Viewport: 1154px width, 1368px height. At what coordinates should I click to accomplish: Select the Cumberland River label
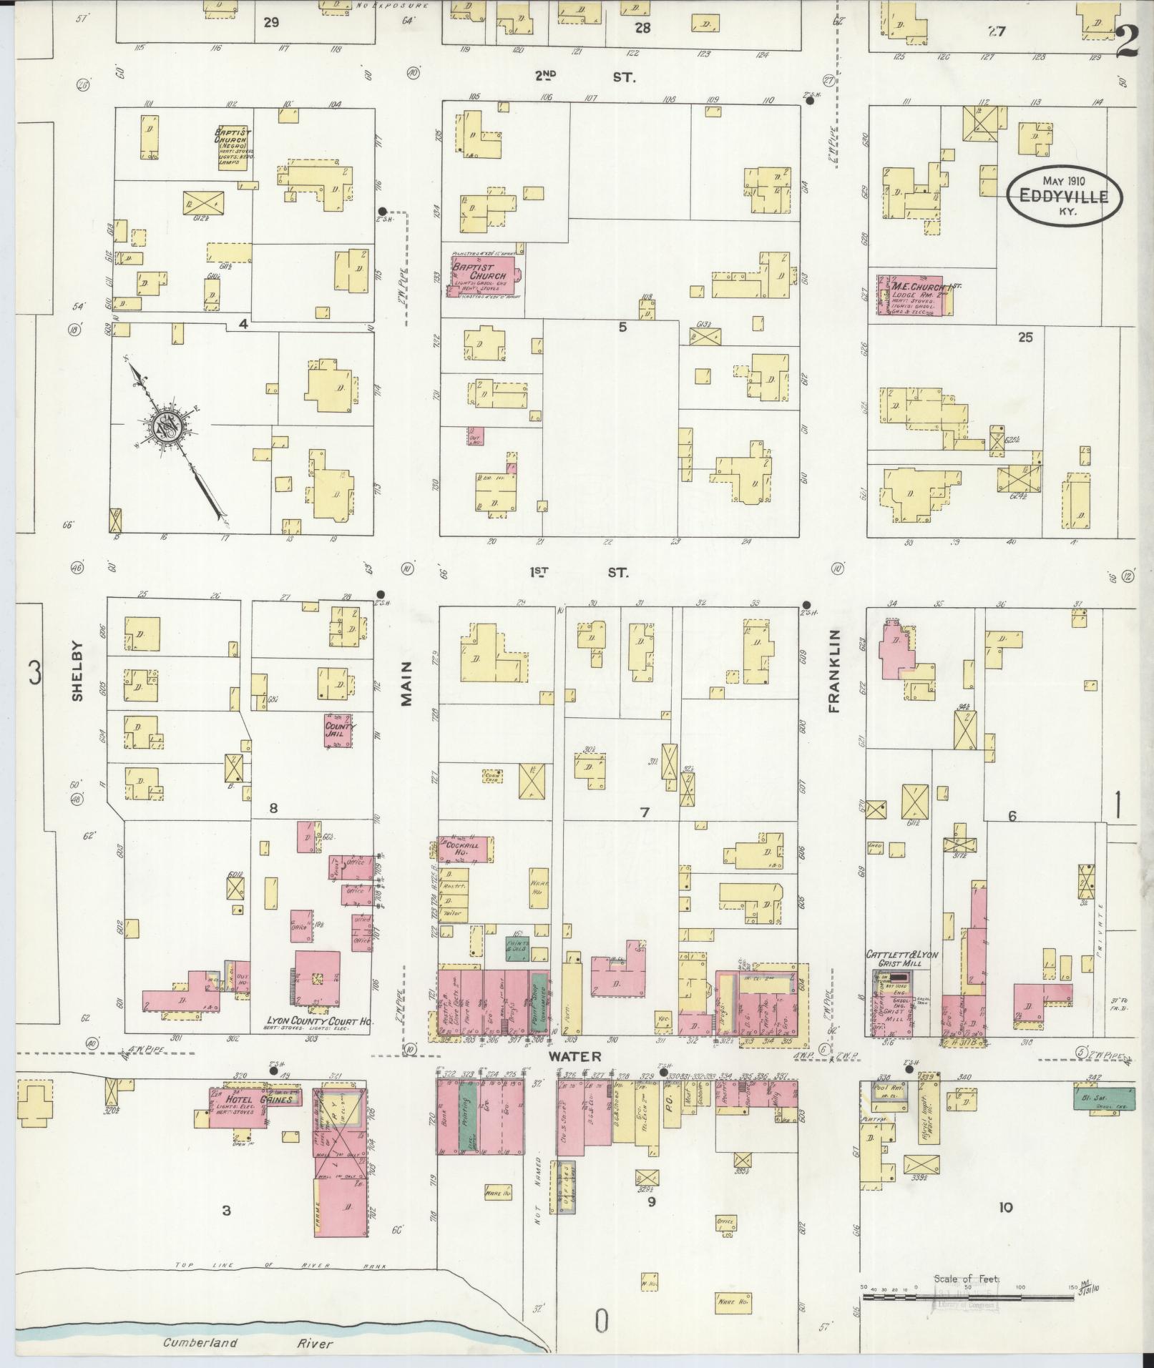coord(248,1344)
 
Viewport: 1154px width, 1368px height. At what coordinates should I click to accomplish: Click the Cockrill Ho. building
coord(465,850)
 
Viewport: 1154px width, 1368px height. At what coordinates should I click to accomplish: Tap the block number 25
coord(1025,337)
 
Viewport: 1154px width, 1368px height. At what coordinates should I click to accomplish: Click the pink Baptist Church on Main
coord(485,274)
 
